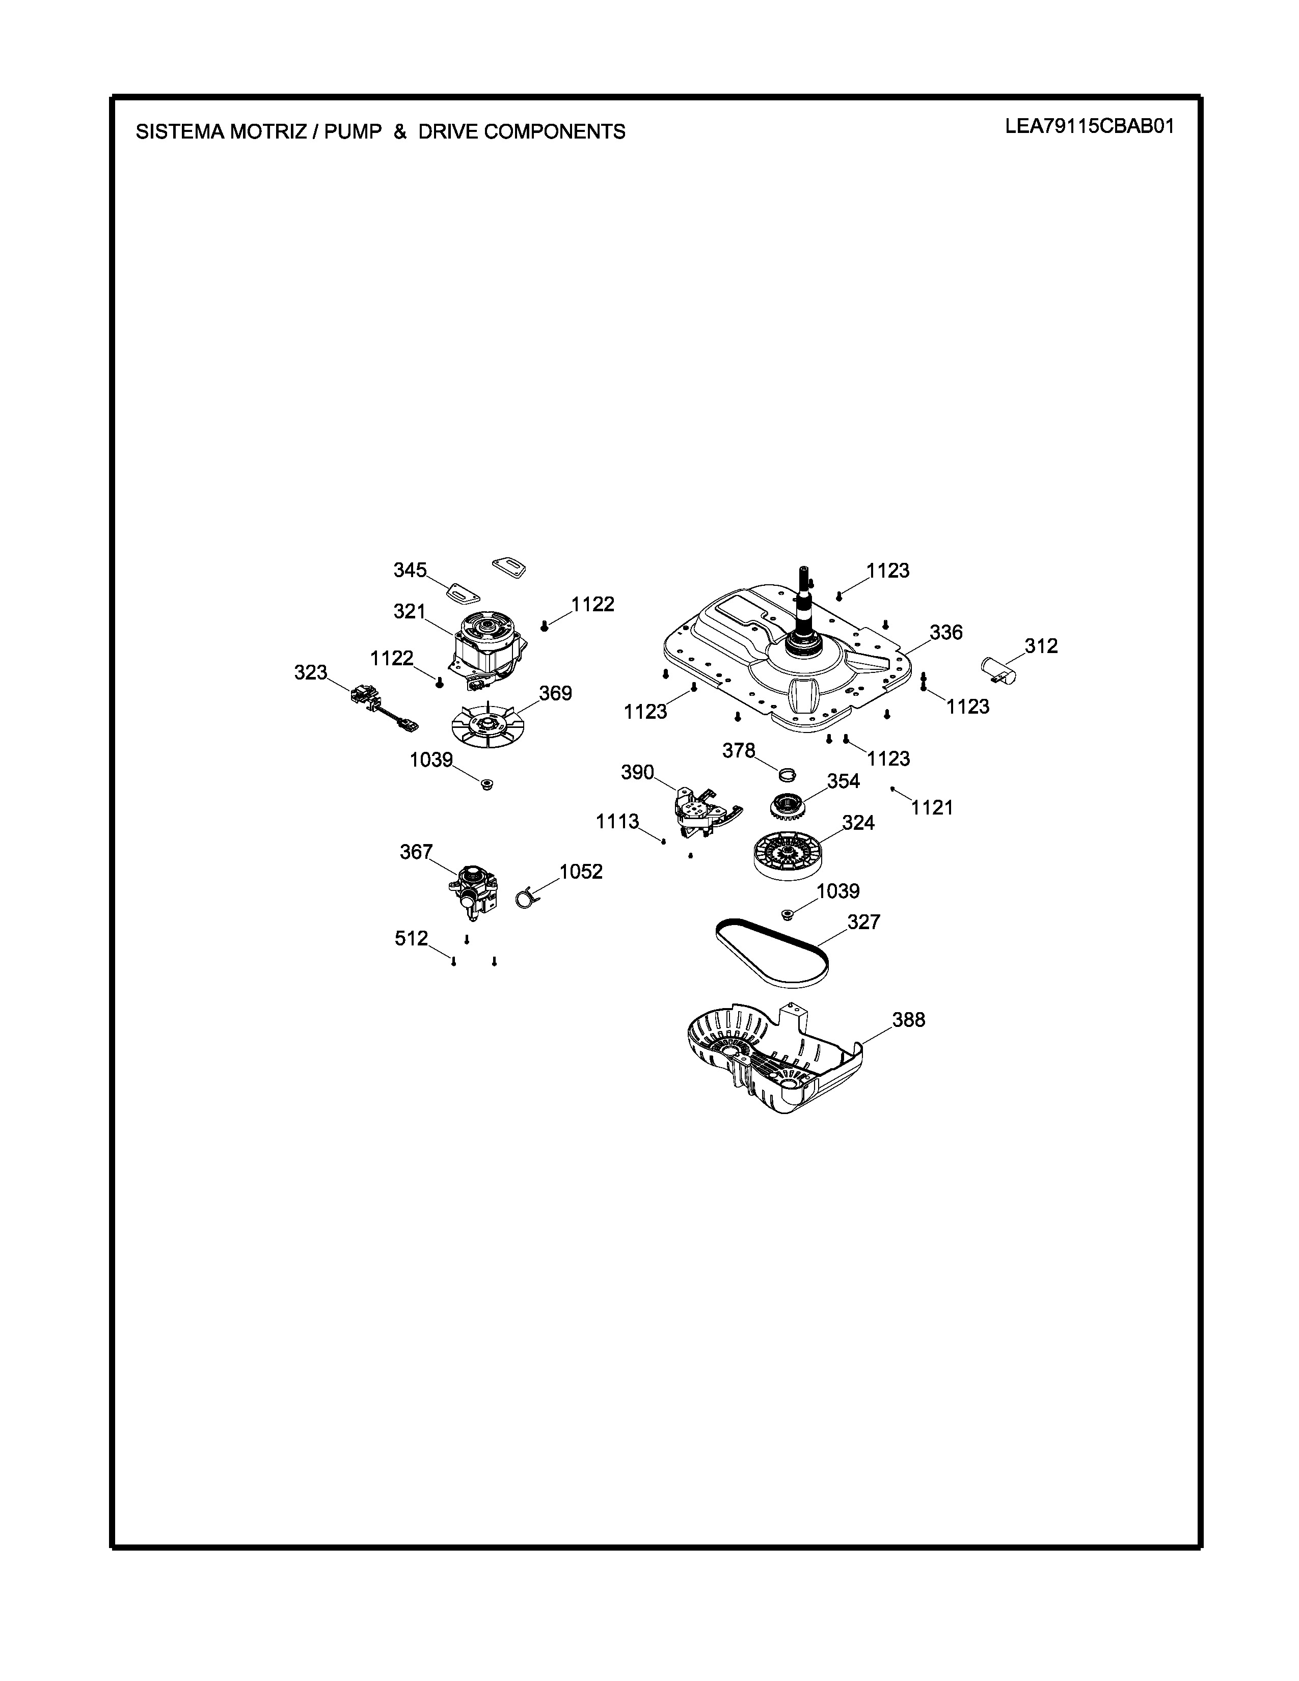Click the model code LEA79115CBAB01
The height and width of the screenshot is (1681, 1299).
[x=1090, y=127]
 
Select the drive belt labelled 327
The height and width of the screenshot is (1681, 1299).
[x=772, y=953]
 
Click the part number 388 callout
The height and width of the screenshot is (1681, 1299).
[x=908, y=1020]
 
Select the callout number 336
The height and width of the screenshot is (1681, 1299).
[x=946, y=632]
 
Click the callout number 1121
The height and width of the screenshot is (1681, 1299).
[x=932, y=807]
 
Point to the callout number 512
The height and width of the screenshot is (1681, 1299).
[x=411, y=938]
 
